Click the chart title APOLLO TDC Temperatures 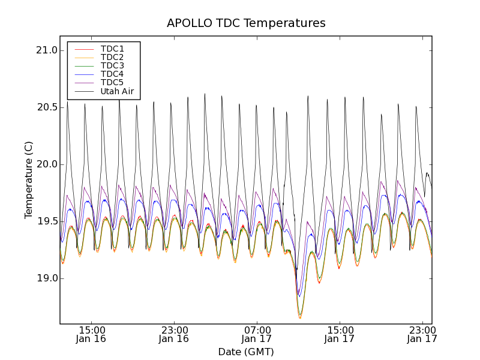tap(246, 23)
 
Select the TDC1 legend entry tap(112, 49)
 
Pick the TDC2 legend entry tap(112, 57)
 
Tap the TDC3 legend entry tap(112, 65)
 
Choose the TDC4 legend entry tap(112, 74)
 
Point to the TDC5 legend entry tap(112, 83)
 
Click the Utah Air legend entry tap(117, 92)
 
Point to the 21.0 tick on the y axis tap(46, 50)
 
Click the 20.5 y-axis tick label tap(46, 107)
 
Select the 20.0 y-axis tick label tap(46, 164)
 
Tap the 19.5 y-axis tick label tap(46, 221)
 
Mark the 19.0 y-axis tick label tap(46, 278)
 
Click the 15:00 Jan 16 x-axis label tap(92, 334)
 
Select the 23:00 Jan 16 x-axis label tap(174, 334)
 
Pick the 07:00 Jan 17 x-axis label tap(257, 334)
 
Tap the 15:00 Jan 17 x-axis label tap(340, 334)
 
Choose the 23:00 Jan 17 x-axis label tap(422, 334)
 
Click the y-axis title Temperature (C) tap(29, 180)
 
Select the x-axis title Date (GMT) tap(246, 352)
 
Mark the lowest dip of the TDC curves tap(300, 317)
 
